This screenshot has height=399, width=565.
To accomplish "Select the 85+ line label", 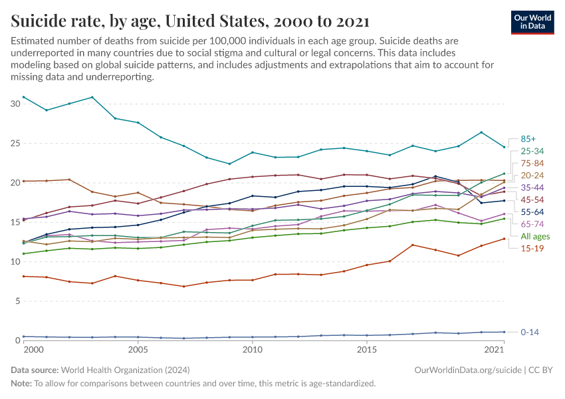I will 528,139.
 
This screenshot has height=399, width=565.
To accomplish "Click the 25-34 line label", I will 532,151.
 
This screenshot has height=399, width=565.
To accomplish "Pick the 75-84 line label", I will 532,163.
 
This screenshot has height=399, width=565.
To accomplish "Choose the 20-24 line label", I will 532,175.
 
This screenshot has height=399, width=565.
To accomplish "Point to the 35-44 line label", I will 532,188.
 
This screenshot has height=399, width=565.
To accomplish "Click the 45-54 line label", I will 532,199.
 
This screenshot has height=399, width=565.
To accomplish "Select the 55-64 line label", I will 532,212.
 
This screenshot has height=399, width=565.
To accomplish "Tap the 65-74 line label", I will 532,224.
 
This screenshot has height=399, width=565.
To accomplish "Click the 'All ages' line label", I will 534,237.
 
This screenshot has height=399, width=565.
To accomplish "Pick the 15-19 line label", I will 532,249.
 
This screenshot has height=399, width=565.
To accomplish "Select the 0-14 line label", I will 530,331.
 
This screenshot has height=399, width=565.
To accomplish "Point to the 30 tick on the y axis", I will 15,104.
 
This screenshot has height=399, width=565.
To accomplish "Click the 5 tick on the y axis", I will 18,301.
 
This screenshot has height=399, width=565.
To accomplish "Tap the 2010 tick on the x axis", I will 252,350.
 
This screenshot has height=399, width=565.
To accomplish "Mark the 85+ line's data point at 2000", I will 23,97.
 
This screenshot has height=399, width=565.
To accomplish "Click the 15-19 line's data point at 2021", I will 504,239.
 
